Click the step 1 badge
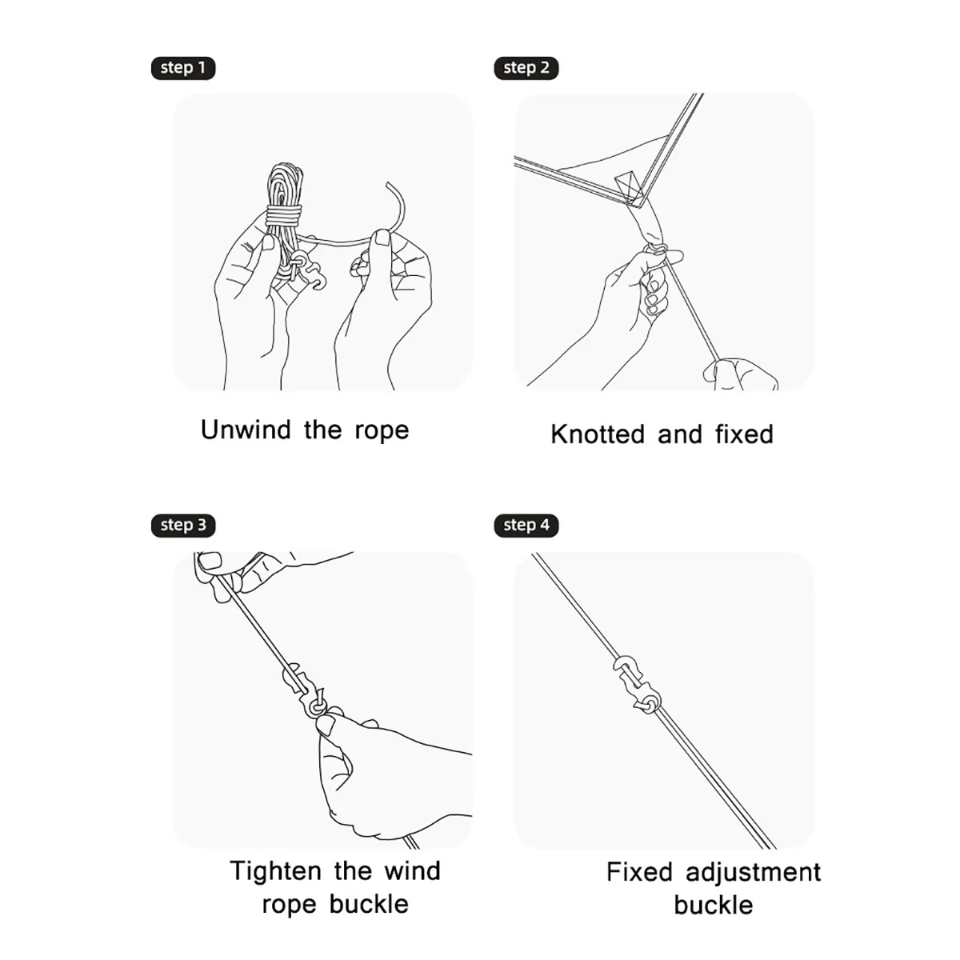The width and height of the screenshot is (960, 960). click(182, 68)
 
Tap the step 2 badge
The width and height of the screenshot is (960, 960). click(526, 68)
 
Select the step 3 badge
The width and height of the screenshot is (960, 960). click(182, 526)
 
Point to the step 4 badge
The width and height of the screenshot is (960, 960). click(526, 526)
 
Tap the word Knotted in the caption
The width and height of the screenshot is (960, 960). click(598, 434)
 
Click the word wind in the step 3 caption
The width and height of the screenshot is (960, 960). click(413, 871)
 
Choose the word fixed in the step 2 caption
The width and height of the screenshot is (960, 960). click(744, 434)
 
